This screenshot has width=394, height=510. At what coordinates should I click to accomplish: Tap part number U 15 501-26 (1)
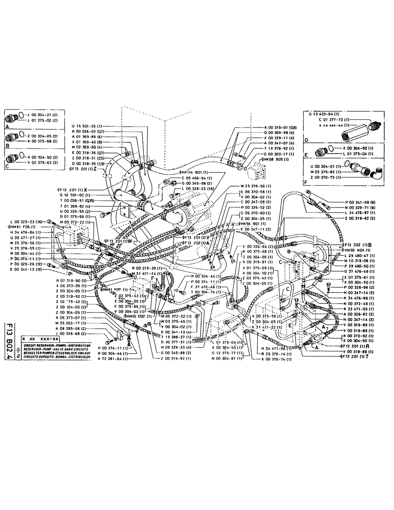87,126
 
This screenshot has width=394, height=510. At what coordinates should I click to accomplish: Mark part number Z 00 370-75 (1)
327,178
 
